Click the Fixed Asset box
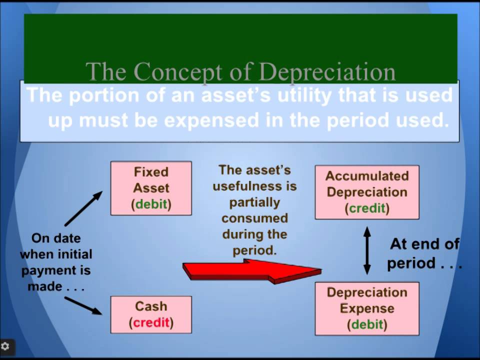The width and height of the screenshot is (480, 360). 151,188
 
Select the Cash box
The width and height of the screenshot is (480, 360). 151,314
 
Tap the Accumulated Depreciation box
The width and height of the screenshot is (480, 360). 367,192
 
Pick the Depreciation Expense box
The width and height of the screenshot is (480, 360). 367,308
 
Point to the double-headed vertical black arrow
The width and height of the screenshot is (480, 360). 367,250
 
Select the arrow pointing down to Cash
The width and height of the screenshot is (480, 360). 83,305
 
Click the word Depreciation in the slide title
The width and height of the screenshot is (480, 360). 328,72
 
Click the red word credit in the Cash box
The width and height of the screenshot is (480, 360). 151,322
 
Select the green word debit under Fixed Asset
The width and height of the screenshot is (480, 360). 151,204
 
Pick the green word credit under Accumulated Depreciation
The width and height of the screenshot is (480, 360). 367,208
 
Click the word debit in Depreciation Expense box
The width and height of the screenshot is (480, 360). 367,324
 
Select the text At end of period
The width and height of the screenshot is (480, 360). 424,254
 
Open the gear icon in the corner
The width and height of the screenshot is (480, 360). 6,346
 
